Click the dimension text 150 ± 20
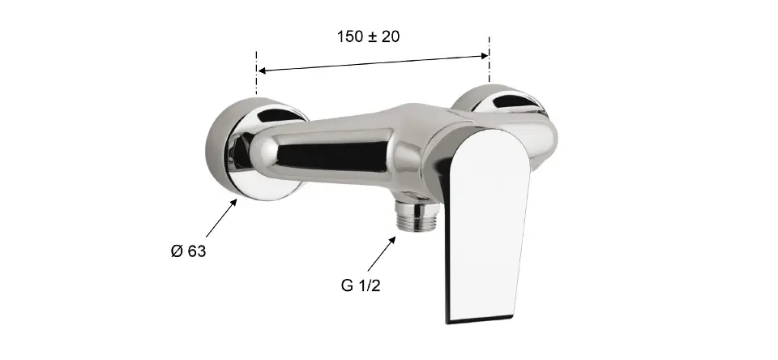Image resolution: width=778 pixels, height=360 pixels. coord(368,36)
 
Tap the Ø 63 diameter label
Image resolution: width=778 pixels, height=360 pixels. coord(188,251)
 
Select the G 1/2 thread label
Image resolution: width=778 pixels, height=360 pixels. coord(361,285)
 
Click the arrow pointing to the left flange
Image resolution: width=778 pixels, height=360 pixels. coord(221,217)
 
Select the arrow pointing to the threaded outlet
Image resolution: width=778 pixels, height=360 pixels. coord(382,254)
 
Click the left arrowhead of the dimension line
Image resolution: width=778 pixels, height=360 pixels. coord(263,71)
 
